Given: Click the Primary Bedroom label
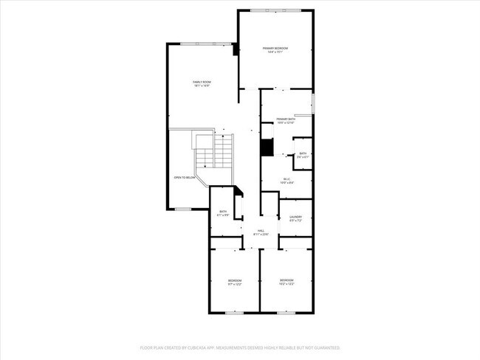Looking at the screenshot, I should pyautogui.click(x=275, y=50).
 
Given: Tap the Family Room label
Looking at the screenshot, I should pyautogui.click(x=202, y=83).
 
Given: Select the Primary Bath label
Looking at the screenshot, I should pyautogui.click(x=286, y=120).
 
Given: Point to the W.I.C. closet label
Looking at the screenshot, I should pyautogui.click(x=287, y=180).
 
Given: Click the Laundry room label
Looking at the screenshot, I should pyautogui.click(x=295, y=218).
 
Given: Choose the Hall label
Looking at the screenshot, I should pyautogui.click(x=261, y=232).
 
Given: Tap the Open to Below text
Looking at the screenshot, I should pyautogui.click(x=185, y=178).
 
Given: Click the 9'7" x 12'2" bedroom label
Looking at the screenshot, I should pyautogui.click(x=235, y=282).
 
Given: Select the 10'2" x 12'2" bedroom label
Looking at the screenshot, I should pyautogui.click(x=287, y=281).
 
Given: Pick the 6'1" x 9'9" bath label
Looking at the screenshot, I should pyautogui.click(x=223, y=213).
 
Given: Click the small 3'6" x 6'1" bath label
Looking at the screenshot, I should pyautogui.click(x=303, y=155).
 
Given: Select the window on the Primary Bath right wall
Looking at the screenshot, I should pyautogui.click(x=313, y=104).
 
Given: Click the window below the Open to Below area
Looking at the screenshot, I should pyautogui.click(x=182, y=209).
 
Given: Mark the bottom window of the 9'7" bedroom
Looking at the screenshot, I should pyautogui.click(x=235, y=313).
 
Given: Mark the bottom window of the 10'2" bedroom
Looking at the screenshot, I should pyautogui.click(x=287, y=313).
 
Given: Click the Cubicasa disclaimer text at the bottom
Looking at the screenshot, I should pyautogui.click(x=240, y=347).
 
